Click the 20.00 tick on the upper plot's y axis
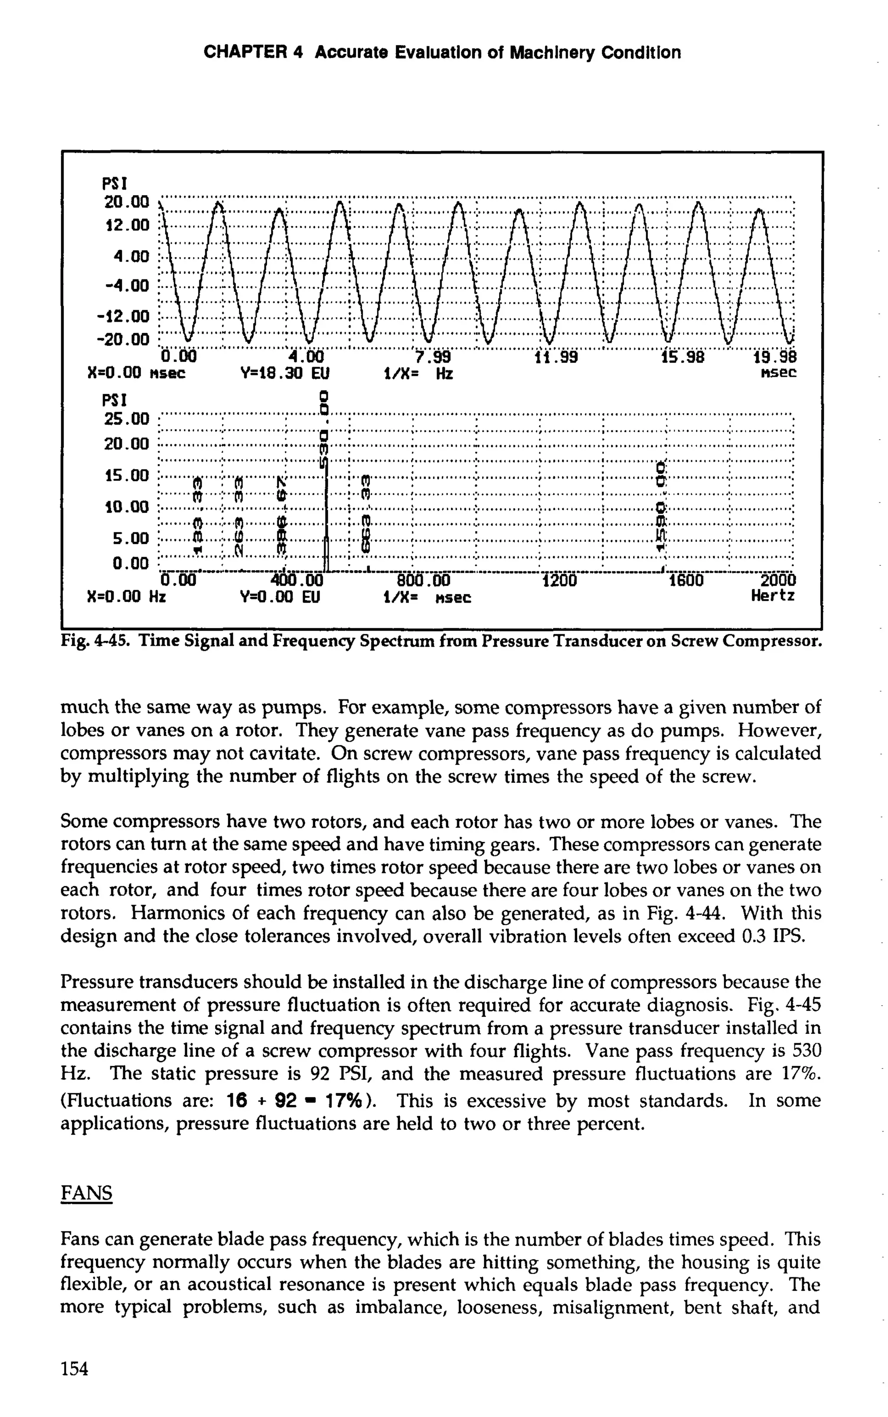pyautogui.click(x=126, y=203)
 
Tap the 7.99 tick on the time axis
pyautogui.click(x=432, y=357)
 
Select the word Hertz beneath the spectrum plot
pyautogui.click(x=773, y=596)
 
